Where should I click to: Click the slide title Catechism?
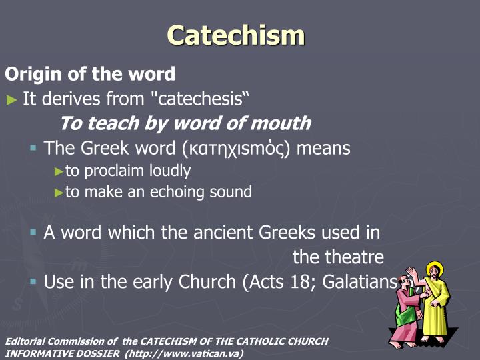(x=236, y=35)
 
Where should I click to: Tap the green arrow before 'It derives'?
(x=11, y=100)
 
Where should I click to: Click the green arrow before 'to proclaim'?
(x=59, y=171)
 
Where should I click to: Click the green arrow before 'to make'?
(x=59, y=193)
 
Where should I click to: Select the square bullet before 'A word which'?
(x=33, y=233)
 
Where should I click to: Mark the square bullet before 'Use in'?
(x=33, y=281)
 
